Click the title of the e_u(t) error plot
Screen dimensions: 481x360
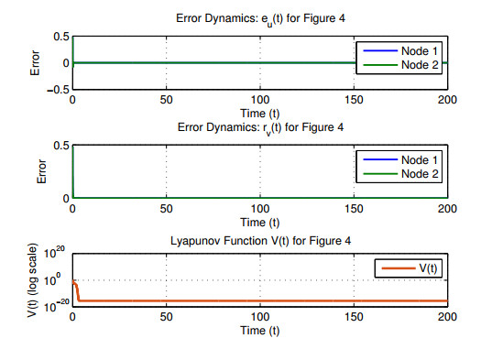point(260,19)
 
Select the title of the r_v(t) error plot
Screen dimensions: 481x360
point(260,128)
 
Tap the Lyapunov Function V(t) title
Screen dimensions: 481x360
point(260,241)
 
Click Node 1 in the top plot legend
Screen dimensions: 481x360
point(420,51)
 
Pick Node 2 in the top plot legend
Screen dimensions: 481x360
point(420,65)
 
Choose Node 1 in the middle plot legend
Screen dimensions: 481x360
point(420,159)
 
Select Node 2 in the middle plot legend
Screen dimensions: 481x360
point(420,174)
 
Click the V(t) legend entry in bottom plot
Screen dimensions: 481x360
point(428,268)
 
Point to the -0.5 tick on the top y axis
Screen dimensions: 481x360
point(59,90)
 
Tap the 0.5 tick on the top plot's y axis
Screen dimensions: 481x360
point(61,37)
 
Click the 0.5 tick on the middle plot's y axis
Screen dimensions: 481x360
point(61,146)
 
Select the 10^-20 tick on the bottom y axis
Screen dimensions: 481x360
point(57,305)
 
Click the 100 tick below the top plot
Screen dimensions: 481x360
point(260,100)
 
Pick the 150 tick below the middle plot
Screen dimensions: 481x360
point(354,209)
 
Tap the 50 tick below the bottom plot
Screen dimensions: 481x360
point(166,317)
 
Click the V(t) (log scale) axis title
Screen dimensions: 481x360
point(32,280)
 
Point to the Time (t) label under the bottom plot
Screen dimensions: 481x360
point(260,331)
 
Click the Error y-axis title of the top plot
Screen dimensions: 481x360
point(35,63)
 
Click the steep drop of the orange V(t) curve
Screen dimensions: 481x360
point(78,293)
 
